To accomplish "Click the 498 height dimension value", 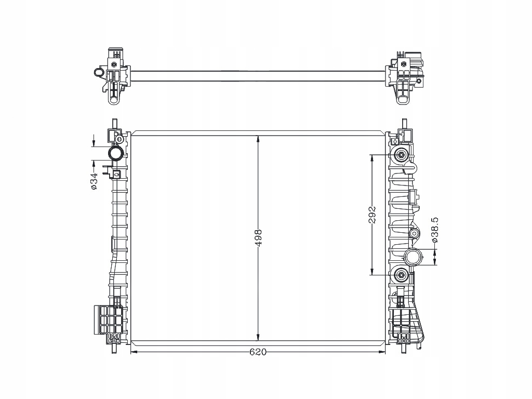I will pyautogui.click(x=258, y=237).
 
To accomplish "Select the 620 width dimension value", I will pyautogui.click(x=258, y=352).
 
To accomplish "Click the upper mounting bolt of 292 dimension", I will pyautogui.click(x=401, y=155).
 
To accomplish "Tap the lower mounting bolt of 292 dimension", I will pyautogui.click(x=401, y=275).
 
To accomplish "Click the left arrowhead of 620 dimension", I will pyautogui.click(x=132, y=352).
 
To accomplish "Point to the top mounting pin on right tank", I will pyautogui.click(x=403, y=124).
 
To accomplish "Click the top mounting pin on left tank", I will pyautogui.click(x=114, y=124).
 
